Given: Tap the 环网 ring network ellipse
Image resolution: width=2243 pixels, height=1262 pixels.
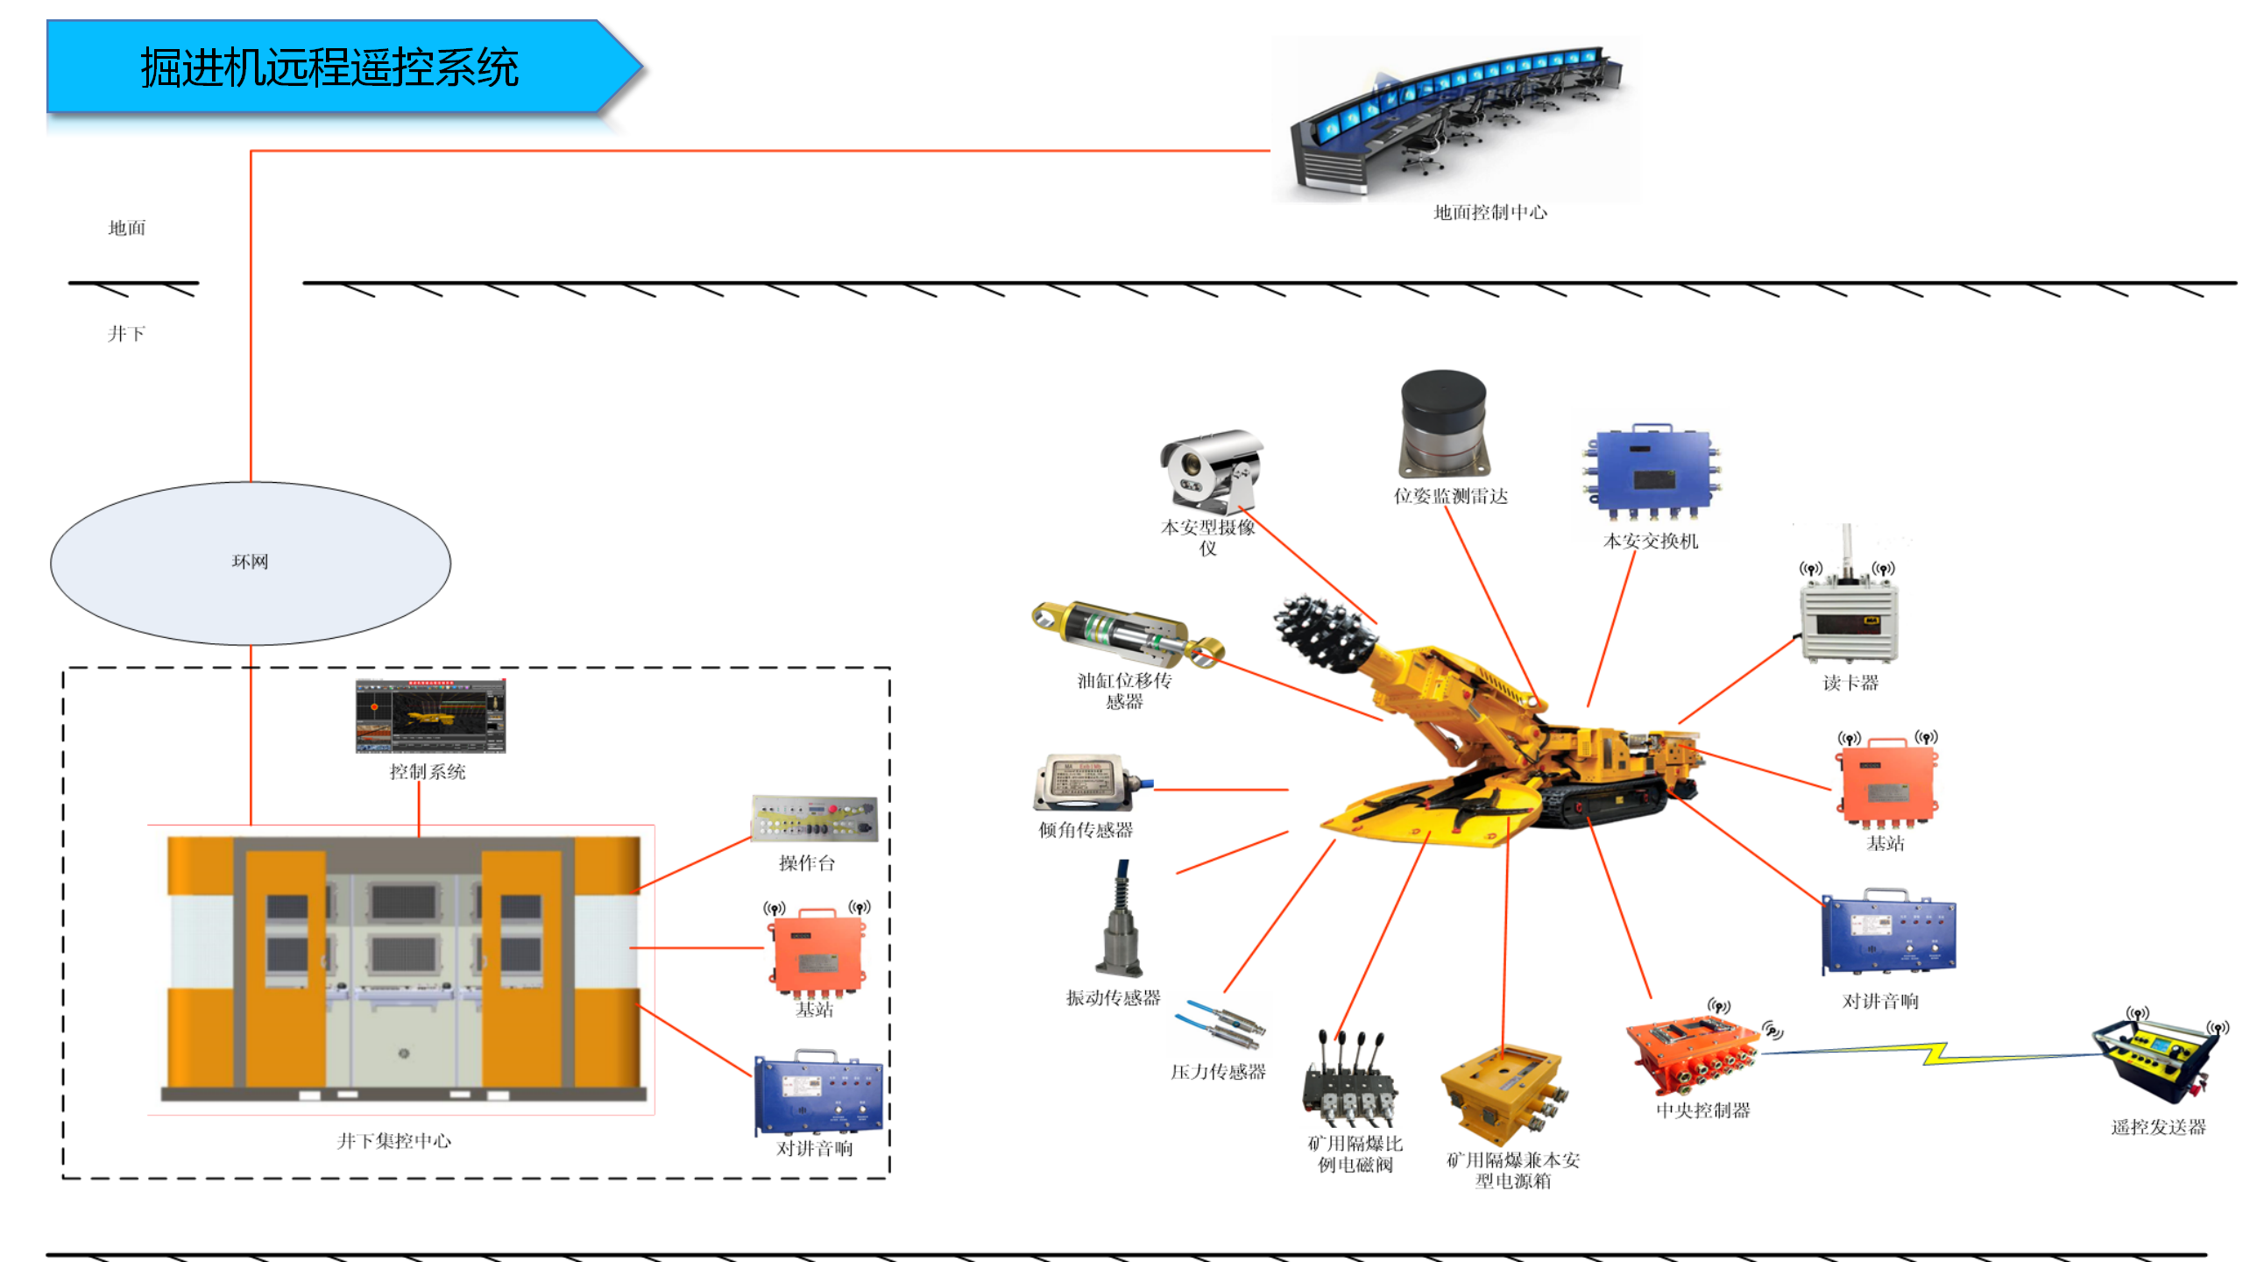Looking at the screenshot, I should tap(251, 563).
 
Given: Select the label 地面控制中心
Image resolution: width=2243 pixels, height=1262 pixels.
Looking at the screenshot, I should tap(1489, 212).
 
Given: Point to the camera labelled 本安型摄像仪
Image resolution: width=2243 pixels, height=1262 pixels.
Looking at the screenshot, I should tap(1211, 470).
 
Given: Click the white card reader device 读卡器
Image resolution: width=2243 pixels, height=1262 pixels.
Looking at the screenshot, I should tap(1849, 617).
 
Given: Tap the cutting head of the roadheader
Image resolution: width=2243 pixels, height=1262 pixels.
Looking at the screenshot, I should tap(1320, 631).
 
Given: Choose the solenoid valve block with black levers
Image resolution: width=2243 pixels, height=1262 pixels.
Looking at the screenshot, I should tap(1349, 1081).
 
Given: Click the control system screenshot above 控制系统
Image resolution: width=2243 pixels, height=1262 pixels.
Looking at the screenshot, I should tap(430, 716).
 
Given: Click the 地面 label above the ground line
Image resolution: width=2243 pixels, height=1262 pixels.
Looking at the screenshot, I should tap(127, 228).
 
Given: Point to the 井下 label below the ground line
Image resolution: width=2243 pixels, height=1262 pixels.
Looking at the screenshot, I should tap(127, 334).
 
